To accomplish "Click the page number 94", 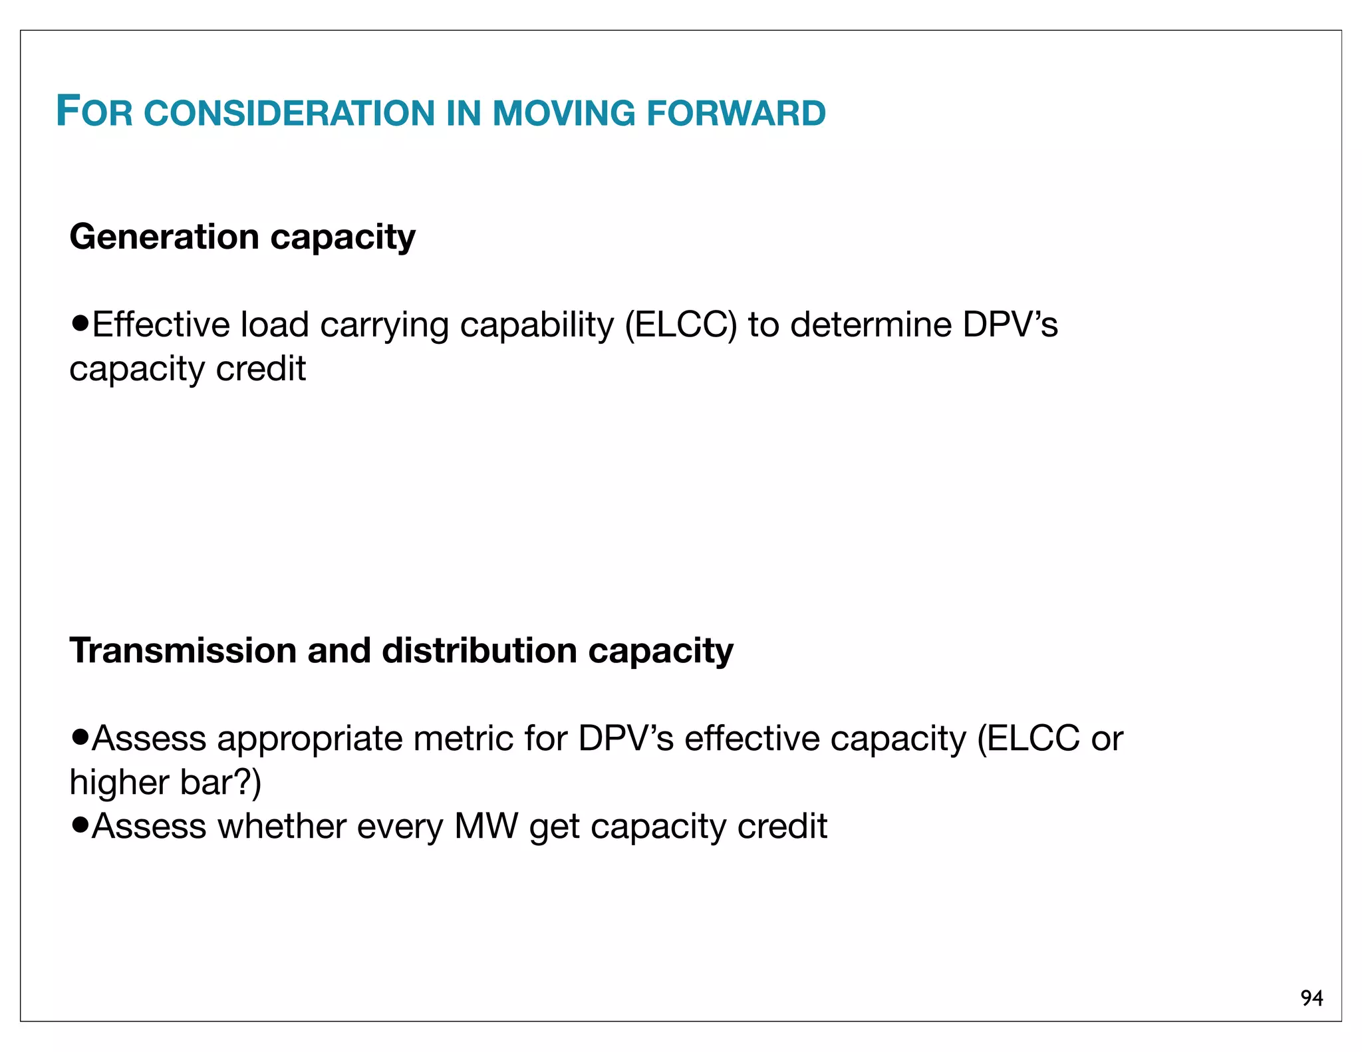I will click(1311, 998).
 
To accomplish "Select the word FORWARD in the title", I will click(736, 113).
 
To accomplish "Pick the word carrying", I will click(384, 326).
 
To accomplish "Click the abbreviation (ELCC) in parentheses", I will click(681, 326).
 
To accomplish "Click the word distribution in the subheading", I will click(479, 650).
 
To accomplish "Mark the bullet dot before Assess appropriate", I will click(80, 737).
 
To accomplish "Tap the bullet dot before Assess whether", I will click(80, 825).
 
